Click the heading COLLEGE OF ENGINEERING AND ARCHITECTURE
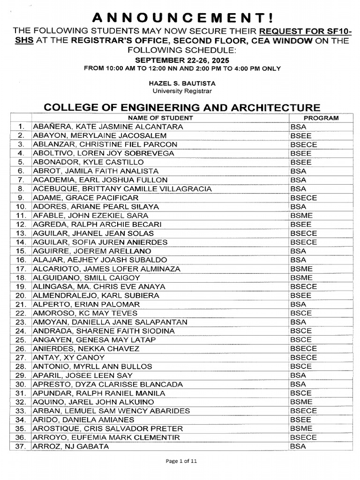(182, 107)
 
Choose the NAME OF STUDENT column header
(160, 118)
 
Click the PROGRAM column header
(321, 118)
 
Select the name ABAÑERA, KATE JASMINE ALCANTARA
(108, 127)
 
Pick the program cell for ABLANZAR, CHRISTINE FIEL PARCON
(303, 145)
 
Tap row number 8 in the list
(21, 189)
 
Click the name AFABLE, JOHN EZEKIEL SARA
(90, 216)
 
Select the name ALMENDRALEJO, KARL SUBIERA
(96, 296)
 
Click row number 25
(20, 340)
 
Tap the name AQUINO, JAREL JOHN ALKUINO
(93, 402)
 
